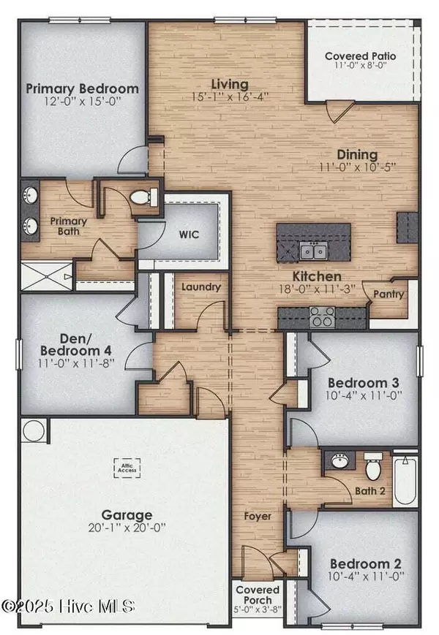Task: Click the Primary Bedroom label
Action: (82, 89)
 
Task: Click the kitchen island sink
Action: (313, 252)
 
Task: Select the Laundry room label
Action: (201, 287)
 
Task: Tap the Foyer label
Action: (258, 517)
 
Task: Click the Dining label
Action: (357, 155)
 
